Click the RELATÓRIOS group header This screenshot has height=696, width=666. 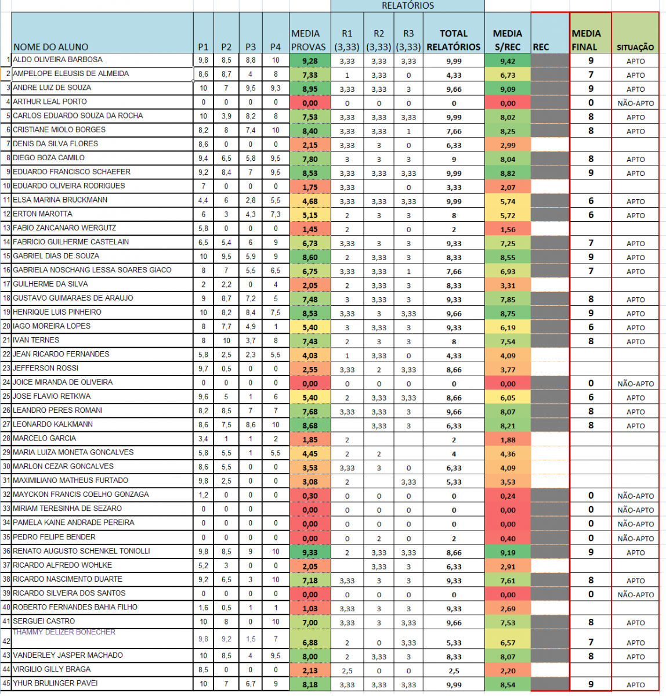click(x=407, y=6)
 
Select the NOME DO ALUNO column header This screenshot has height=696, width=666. click(x=51, y=47)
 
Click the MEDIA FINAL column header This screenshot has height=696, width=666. click(x=587, y=40)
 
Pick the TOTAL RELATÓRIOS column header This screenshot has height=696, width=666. click(x=453, y=40)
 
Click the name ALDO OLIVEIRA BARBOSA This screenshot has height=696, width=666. click(x=57, y=60)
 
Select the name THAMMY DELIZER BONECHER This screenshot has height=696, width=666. click(x=64, y=632)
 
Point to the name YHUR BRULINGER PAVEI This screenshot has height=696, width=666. click(x=55, y=684)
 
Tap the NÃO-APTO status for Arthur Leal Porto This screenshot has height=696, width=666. click(x=635, y=103)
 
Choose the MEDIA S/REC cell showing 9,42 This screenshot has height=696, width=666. click(x=508, y=61)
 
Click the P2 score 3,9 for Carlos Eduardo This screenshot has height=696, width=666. click(x=226, y=116)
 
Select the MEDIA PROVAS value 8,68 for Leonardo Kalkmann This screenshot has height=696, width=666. click(x=310, y=426)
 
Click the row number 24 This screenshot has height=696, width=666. click(x=6, y=383)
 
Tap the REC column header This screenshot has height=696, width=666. click(x=541, y=47)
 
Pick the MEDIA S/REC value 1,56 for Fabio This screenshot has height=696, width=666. click(x=508, y=230)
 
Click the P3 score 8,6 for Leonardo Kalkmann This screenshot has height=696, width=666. click(x=251, y=425)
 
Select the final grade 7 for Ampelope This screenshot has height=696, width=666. click(x=591, y=75)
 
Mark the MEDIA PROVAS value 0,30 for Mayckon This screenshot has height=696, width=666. click(x=310, y=496)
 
